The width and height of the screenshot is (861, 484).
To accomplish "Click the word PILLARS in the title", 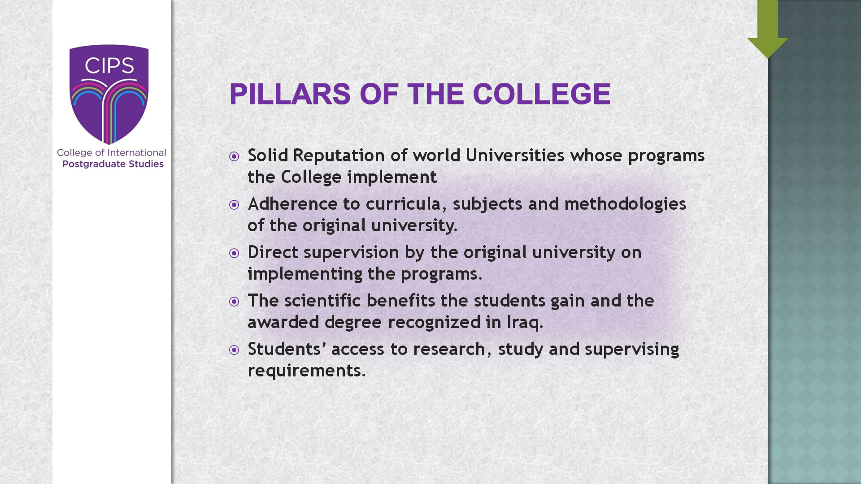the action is [x=290, y=94].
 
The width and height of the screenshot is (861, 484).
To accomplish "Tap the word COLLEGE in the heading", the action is [x=542, y=94].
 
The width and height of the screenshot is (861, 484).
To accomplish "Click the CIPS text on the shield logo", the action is [x=109, y=66].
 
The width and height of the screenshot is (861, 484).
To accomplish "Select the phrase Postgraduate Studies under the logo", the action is [x=113, y=164].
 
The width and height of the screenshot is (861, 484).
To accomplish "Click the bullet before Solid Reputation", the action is [x=234, y=156].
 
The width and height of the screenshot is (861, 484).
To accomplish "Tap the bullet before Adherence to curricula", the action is [x=234, y=205].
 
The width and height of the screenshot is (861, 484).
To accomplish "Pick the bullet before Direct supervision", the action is [x=234, y=253].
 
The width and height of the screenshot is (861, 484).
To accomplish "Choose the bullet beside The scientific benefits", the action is [x=234, y=302].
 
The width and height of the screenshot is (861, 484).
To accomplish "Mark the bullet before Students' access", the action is [x=234, y=350].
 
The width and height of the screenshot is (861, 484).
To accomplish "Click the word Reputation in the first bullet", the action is [x=339, y=156].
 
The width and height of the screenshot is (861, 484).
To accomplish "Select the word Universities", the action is [x=515, y=155].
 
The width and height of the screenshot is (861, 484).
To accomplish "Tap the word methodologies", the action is [x=625, y=204].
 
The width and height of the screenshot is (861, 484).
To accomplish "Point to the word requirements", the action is [x=307, y=371].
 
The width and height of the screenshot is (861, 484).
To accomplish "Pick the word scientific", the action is [x=322, y=300].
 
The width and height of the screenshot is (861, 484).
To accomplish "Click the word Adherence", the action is [x=292, y=203].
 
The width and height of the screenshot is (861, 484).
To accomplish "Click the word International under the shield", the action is [x=136, y=153].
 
